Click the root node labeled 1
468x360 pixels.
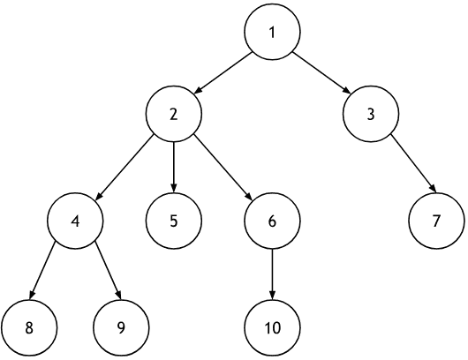272,32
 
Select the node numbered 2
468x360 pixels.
174,114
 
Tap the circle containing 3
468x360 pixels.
371,114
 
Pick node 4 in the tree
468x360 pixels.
75,221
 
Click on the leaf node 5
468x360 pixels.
174,221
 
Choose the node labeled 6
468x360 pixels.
272,221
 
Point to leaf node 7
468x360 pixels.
436,221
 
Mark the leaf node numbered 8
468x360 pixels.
29,327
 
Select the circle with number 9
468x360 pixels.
121,327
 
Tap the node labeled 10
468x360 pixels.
272,327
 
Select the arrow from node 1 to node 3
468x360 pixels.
321,72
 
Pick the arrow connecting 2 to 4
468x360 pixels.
125,168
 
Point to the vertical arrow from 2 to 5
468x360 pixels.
174,167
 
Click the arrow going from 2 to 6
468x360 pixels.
223,168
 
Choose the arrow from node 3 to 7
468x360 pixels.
413,164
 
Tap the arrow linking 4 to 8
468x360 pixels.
42,271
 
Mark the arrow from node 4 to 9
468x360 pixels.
108,271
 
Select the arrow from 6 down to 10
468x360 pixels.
272,274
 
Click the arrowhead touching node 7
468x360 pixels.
434,190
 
